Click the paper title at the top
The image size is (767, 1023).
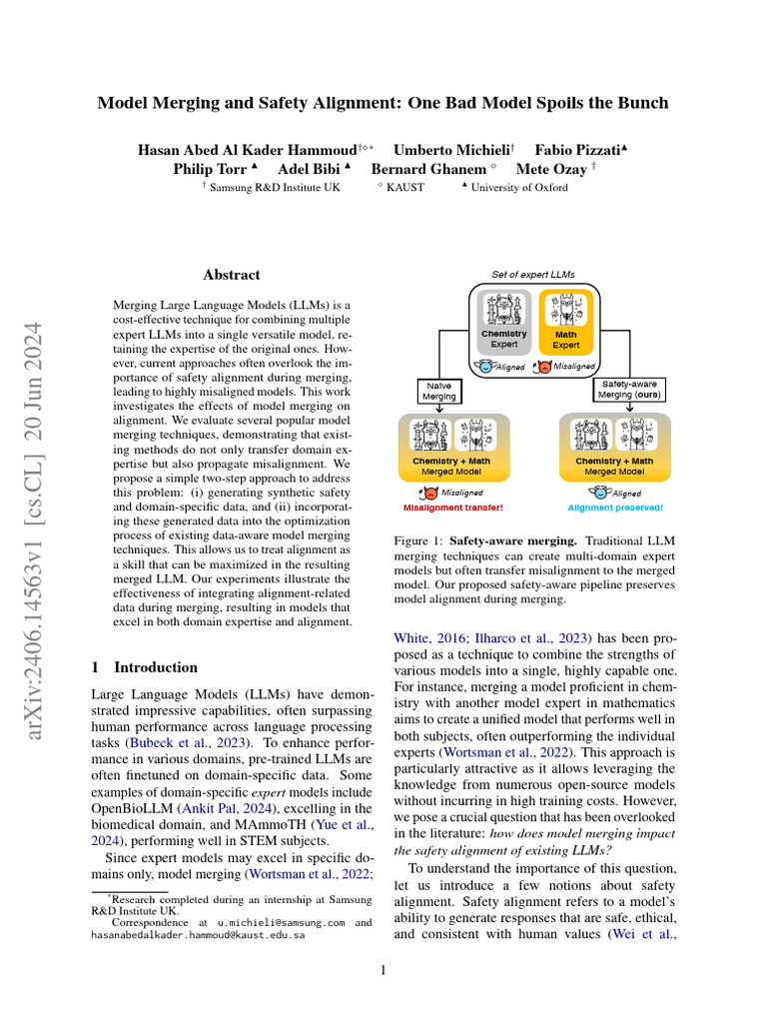coord(383,103)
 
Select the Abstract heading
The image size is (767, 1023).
coord(232,275)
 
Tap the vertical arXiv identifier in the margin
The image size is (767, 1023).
coord(39,519)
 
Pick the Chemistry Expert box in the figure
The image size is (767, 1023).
coord(504,320)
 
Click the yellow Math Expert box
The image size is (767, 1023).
coord(566,320)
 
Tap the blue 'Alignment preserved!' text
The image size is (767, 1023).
coord(615,508)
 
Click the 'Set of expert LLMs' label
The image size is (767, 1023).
coord(533,274)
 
